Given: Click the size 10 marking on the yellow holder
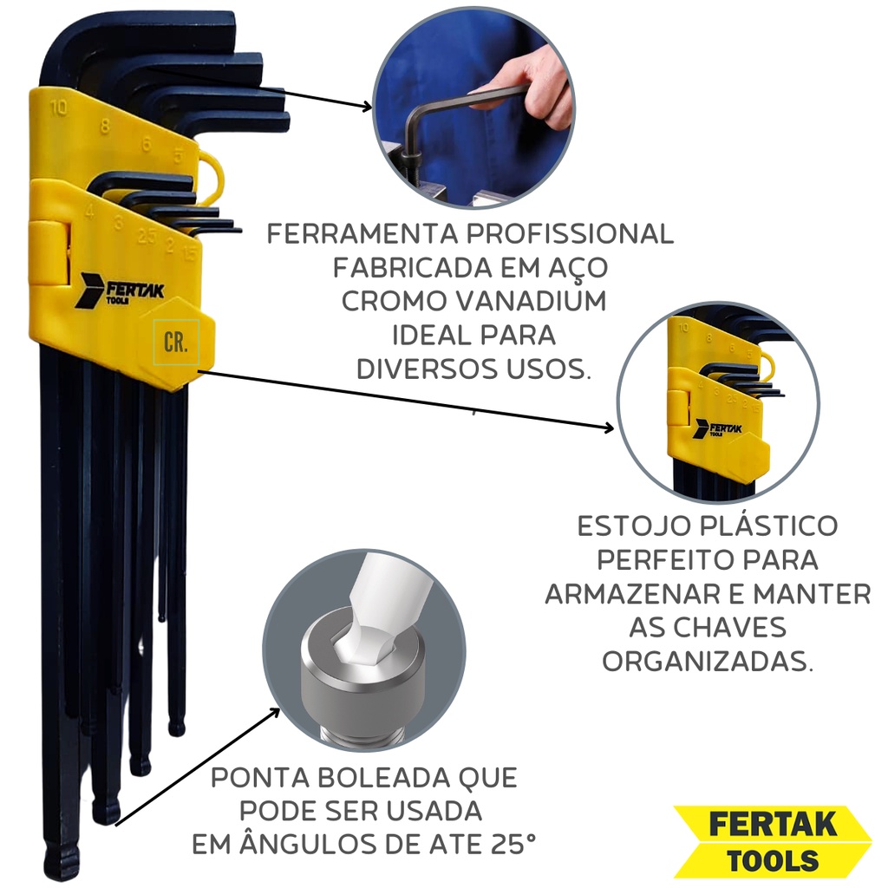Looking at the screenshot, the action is tap(58, 108).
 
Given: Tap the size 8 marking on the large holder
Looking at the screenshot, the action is tap(104, 126).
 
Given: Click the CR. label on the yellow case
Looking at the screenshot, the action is tap(175, 342).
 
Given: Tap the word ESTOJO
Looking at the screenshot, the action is tap(632, 526).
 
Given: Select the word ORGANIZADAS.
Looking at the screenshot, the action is tap(708, 661).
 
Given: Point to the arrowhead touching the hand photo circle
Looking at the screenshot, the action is tap(367, 107).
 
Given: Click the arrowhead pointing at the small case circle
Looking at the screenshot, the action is tap(608, 428).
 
